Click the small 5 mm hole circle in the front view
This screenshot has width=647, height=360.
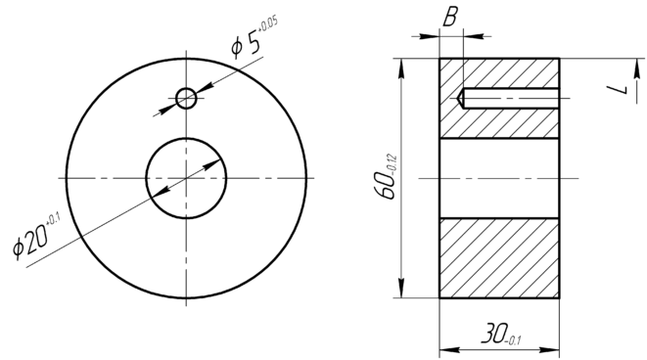[186, 89]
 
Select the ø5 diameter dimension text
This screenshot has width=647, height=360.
[247, 45]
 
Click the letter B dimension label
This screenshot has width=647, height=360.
[450, 17]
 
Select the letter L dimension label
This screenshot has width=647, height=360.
[618, 89]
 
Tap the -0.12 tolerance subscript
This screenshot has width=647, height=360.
[392, 163]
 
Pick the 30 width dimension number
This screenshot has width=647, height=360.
[493, 334]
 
